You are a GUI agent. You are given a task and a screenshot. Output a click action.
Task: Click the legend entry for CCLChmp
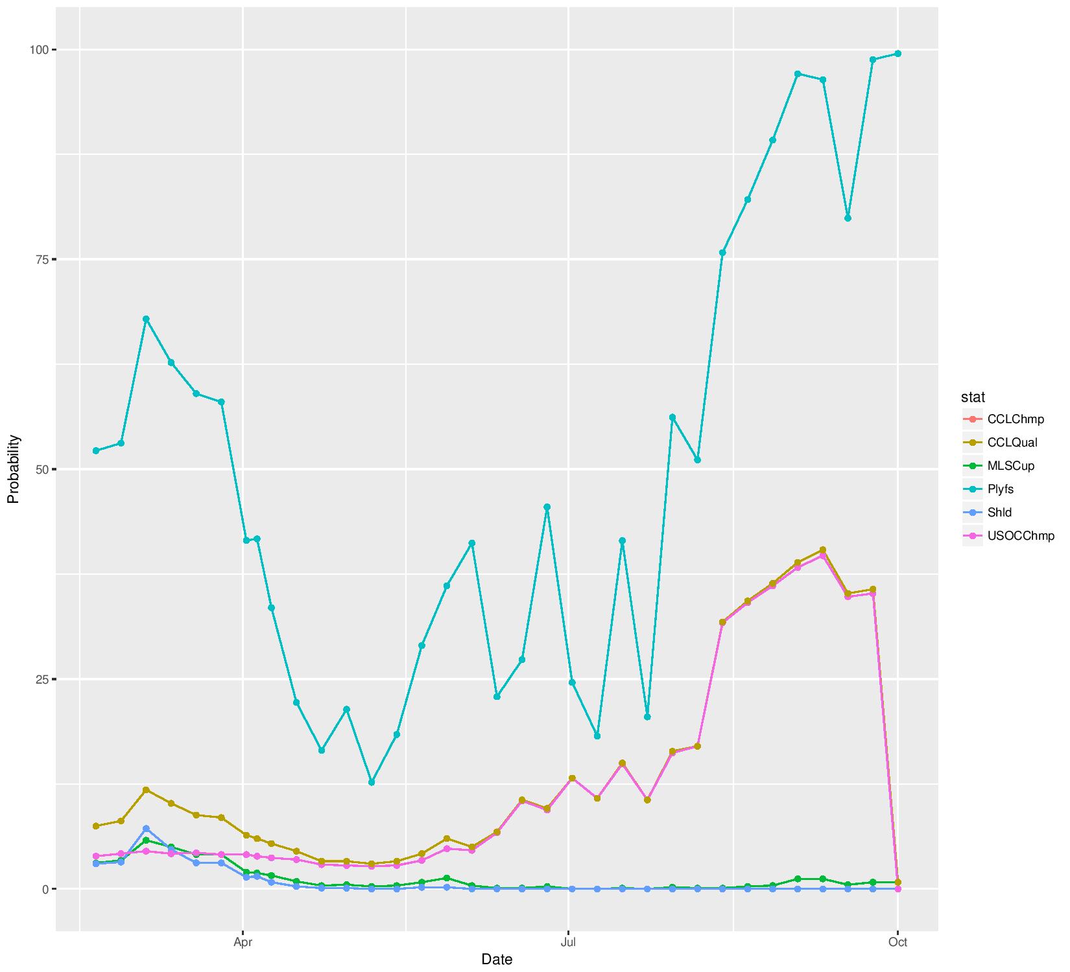(1016, 419)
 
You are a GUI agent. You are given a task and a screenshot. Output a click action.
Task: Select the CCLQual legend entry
(1012, 443)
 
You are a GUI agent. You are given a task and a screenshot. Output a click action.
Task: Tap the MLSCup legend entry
(1010, 466)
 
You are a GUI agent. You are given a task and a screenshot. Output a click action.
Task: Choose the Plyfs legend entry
(1000, 489)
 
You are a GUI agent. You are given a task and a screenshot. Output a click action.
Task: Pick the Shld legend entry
(999, 513)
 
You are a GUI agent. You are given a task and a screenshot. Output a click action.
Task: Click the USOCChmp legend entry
(1021, 536)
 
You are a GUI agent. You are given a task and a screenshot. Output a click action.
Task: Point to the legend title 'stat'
(973, 397)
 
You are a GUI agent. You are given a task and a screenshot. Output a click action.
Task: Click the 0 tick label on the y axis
(45, 889)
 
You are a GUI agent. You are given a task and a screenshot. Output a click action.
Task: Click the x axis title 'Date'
(497, 960)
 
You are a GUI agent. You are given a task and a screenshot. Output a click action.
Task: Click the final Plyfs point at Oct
(898, 54)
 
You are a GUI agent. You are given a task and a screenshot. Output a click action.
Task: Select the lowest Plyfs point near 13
(372, 782)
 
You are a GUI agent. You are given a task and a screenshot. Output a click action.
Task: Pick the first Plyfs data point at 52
(96, 450)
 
